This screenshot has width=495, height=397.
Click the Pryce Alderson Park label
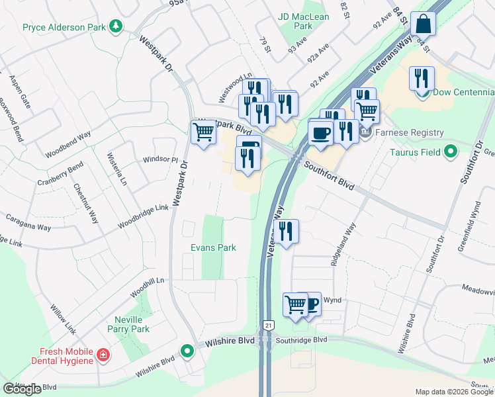(64, 27)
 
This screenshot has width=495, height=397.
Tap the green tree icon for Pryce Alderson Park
(116, 26)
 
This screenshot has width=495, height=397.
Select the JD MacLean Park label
(294, 21)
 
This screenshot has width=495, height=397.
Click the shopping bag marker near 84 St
(422, 24)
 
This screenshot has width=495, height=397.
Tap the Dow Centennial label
(463, 92)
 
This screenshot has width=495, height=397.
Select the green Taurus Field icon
(451, 152)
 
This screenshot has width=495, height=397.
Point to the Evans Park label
(213, 247)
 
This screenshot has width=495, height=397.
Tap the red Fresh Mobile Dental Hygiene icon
(103, 355)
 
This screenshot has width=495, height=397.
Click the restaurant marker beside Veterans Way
(286, 232)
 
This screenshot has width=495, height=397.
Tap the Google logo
(22, 389)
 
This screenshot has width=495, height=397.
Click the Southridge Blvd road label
(302, 339)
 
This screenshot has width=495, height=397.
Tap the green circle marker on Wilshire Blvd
(188, 350)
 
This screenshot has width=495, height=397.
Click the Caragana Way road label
(28, 222)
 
